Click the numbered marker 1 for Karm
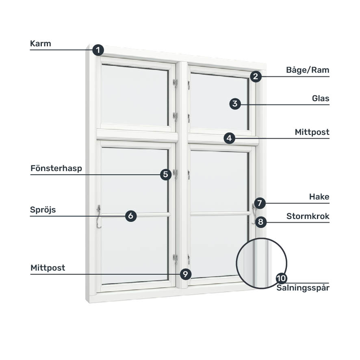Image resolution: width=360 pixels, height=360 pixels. [98, 50]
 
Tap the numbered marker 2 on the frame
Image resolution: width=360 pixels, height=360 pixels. [256, 76]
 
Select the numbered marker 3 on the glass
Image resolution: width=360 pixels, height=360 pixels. [234, 104]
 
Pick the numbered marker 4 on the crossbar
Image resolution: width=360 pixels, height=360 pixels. [229, 138]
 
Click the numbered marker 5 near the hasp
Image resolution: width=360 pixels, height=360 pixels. [165, 175]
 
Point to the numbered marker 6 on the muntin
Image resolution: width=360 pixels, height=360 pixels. [130, 216]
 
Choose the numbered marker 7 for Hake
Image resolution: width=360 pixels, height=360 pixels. [260, 203]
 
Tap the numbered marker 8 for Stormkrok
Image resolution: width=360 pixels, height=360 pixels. [260, 222]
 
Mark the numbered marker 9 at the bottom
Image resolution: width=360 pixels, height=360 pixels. [185, 274]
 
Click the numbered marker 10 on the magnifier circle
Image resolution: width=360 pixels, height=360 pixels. [281, 278]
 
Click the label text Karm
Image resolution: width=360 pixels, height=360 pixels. [41, 43]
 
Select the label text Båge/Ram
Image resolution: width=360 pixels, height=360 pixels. [308, 70]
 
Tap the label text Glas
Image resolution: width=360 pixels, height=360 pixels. [321, 98]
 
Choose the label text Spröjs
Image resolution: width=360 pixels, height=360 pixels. [43, 210]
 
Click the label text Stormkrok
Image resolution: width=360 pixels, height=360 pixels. [308, 216]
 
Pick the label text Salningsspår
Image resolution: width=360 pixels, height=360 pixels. [303, 288]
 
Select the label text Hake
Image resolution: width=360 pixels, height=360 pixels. [319, 197]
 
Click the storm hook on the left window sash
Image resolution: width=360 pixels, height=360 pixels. [98, 216]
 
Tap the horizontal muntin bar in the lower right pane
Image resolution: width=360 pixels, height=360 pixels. [219, 213]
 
